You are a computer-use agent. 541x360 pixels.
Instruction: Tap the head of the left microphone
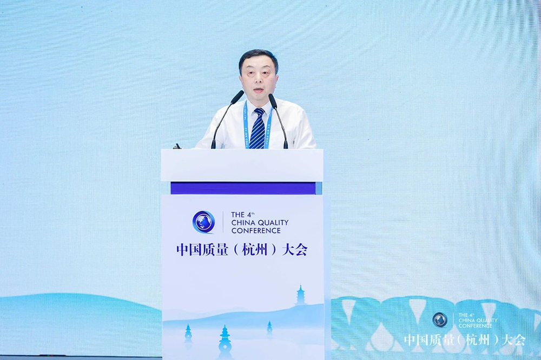click(237, 97)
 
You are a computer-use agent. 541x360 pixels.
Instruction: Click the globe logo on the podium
click(203, 222)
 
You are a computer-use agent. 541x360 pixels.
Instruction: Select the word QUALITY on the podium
click(274, 223)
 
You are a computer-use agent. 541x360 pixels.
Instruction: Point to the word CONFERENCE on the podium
click(256, 231)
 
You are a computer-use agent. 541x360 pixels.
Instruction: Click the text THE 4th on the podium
click(243, 215)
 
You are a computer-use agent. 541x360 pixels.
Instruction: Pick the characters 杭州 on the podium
click(255, 250)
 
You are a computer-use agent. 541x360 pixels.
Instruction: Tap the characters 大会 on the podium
click(294, 250)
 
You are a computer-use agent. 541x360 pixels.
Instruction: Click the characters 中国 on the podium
click(189, 250)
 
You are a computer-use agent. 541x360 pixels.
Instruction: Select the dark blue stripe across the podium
click(243, 188)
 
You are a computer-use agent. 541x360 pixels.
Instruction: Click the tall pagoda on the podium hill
click(300, 295)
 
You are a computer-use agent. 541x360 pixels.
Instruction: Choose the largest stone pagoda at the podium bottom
click(225, 342)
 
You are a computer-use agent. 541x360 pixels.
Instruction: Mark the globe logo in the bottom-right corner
click(440, 319)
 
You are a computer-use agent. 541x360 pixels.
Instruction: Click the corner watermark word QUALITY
click(487, 321)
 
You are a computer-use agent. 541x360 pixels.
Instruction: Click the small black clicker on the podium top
click(177, 146)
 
